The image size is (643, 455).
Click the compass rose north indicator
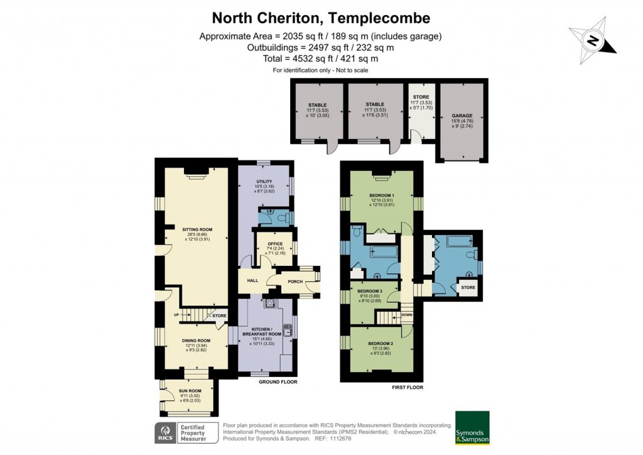[592, 41]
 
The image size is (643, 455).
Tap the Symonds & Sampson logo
[472, 427]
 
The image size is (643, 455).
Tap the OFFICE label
[275, 243]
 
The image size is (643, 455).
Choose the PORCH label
[295, 281]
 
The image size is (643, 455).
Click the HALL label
[252, 281]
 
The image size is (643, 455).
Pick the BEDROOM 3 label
[370, 292]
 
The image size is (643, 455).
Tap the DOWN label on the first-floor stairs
[407, 315]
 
